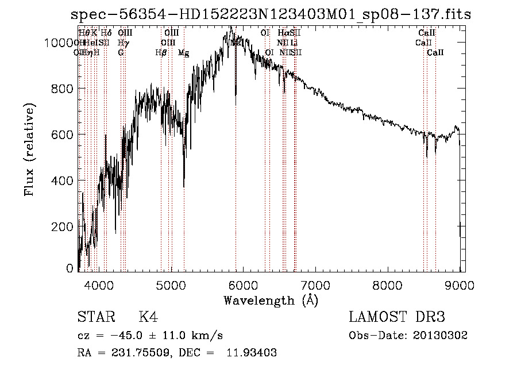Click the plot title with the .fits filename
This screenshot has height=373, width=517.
coord(271,14)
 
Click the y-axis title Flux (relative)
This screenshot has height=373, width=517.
coord(29,149)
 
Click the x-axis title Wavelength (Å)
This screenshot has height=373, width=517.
coord(271,300)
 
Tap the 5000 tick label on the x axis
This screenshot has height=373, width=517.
coord(171,284)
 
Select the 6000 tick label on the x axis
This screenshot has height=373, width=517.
coord(244,284)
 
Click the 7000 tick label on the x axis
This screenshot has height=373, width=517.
coord(316,284)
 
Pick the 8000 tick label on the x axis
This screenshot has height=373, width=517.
coord(388,284)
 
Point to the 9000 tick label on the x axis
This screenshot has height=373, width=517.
coord(460,284)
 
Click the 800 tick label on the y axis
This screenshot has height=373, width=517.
coord(62,89)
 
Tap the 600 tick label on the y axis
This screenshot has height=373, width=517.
coord(62,134)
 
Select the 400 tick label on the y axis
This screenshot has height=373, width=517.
coord(62,180)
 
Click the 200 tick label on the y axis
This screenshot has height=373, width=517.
coord(62,226)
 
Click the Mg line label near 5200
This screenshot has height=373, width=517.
coord(184,53)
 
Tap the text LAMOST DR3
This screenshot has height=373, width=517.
coord(397,318)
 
